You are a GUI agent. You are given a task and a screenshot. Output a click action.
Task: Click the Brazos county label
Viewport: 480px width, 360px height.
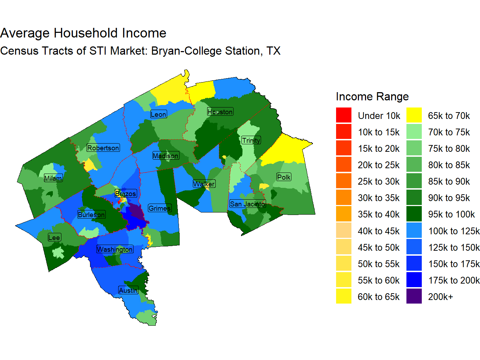coord(126,194)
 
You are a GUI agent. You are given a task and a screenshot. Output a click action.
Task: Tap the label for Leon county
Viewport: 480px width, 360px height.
coord(158,114)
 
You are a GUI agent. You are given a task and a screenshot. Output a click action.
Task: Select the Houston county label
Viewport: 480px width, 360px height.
coord(220,112)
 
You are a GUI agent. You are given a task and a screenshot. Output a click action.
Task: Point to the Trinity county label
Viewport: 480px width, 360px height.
coord(251,140)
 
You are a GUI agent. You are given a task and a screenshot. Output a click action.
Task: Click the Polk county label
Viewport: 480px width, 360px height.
coord(284,177)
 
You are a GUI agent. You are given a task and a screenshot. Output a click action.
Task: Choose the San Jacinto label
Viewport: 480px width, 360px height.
coord(247,204)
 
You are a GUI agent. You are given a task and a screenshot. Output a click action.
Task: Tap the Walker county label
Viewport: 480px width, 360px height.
coord(204,184)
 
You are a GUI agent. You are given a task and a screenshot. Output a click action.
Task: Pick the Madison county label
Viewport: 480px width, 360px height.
coord(166,156)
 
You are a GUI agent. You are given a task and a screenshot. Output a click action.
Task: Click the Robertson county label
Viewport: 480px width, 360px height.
coord(103,148)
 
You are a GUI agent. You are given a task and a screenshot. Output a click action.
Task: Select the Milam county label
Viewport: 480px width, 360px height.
coord(53,178)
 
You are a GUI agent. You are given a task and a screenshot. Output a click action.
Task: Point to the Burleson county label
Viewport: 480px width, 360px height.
coord(91,215)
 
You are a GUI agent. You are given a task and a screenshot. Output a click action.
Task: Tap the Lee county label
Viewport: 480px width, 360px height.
coord(54,237)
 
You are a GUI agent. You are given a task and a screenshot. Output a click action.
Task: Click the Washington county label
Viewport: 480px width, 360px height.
coord(115,249)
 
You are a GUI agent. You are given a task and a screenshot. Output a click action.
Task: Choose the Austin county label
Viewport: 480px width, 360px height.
coord(128,290)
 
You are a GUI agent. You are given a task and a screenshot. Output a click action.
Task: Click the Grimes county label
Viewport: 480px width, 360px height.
coord(160,208)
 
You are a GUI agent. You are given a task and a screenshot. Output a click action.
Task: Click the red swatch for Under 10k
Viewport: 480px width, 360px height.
coord(344,115)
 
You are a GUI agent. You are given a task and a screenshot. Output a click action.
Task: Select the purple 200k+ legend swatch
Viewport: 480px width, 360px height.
coord(414,296)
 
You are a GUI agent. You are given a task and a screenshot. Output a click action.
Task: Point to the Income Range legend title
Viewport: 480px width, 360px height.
coord(372,96)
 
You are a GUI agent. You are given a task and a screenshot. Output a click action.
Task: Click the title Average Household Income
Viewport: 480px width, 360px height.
coord(83,33)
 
